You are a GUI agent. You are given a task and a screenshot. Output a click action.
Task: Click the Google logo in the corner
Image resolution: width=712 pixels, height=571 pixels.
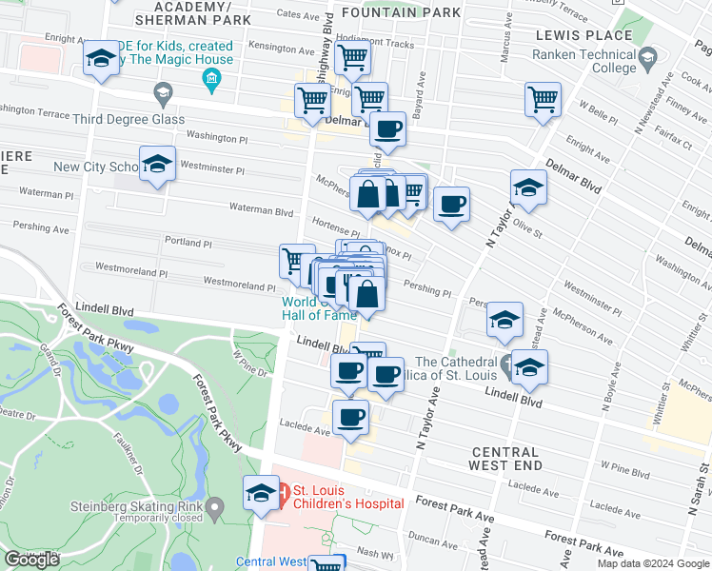coord(31,560)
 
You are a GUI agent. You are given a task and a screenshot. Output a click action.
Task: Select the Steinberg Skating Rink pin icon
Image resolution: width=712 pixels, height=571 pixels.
coord(215,510)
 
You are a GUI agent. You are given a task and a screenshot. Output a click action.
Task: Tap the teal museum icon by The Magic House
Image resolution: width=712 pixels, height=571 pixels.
coord(211,77)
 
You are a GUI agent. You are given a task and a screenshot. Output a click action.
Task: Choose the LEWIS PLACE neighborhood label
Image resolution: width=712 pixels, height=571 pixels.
coord(570,34)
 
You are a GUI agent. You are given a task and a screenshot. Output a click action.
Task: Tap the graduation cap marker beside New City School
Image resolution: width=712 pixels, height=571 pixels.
coord(157,164)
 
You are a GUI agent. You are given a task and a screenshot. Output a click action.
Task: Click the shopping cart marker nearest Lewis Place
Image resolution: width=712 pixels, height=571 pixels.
coord(543,98)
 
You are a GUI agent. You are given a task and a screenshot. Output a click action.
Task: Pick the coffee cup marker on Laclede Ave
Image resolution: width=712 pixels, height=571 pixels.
coord(350,416)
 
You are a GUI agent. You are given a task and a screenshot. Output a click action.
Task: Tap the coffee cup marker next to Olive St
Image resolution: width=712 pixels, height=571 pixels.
coord(451,203)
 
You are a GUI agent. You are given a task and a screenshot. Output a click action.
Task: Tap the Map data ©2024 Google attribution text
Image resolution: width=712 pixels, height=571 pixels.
coord(652,563)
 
